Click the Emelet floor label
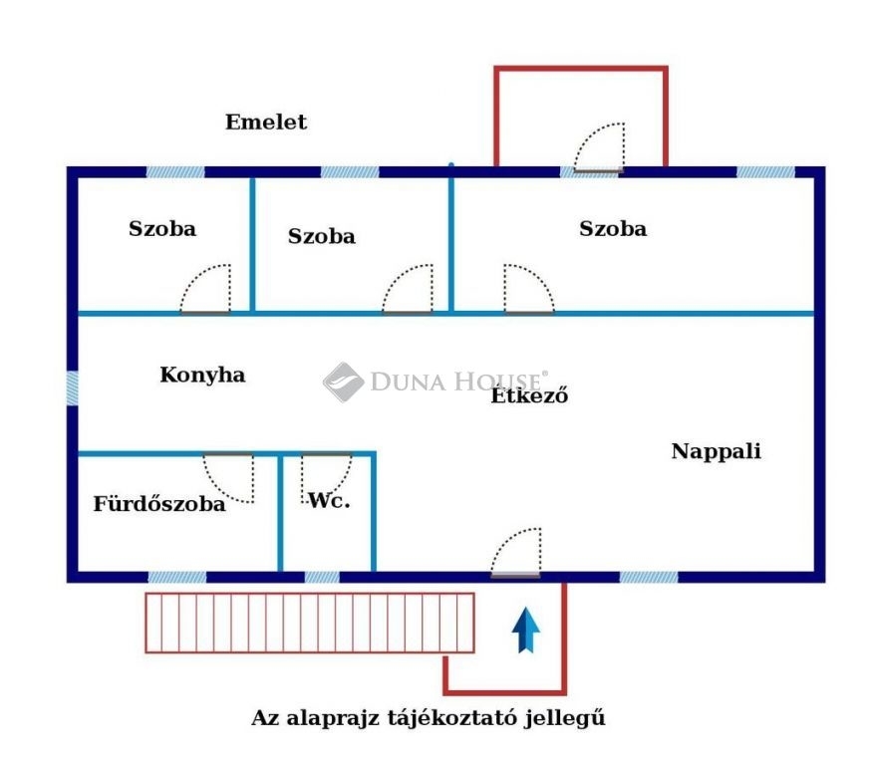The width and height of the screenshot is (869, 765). pos(266,122)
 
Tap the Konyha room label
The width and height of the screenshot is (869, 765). pos(203,375)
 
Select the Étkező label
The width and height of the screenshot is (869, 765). pos(530,395)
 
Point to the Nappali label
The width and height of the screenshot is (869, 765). pos(717,451)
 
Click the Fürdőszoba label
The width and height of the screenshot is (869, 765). pos(159,504)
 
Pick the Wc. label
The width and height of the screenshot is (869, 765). pos(329,501)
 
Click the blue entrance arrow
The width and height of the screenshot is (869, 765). pos(525,630)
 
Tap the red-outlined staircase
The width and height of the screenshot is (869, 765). pos(310,623)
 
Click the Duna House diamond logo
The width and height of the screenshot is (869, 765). pos(343,382)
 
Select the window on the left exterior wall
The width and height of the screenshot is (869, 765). pos(72,387)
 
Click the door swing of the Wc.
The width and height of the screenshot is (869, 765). pos(327,477)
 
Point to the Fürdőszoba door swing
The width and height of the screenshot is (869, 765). pos(228,477)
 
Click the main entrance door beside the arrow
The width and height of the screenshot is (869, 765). pos(516,553)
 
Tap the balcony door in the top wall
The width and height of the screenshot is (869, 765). pos(599,147)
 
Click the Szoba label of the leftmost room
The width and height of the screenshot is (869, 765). pos(162,229)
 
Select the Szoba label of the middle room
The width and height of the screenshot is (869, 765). pos(322,236)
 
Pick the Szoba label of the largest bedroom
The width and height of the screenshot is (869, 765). pos(613,229)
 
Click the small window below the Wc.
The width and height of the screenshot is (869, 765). pos(322,577)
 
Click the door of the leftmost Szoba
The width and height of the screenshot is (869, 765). pos(205,289)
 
